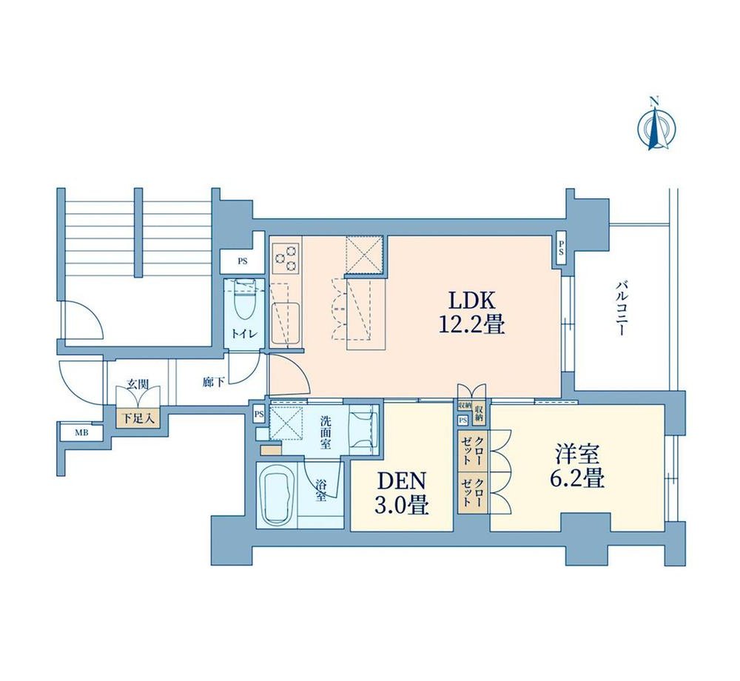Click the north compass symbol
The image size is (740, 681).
[x=656, y=124]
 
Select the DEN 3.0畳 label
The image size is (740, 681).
[x=402, y=493]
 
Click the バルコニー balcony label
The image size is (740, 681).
[x=622, y=309]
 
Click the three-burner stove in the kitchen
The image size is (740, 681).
[x=286, y=258]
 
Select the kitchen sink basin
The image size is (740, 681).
[x=286, y=323]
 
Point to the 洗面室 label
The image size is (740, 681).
[x=325, y=432]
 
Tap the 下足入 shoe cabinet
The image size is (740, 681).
[x=138, y=417]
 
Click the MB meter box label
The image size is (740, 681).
[x=82, y=432]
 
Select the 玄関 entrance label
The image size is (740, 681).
[x=138, y=384]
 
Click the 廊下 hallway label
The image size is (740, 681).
[x=214, y=382]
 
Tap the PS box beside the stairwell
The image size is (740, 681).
[x=243, y=261]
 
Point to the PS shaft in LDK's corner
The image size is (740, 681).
[x=561, y=249]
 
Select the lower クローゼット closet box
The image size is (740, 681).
[x=472, y=493]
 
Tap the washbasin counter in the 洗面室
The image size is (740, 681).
[x=364, y=429]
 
